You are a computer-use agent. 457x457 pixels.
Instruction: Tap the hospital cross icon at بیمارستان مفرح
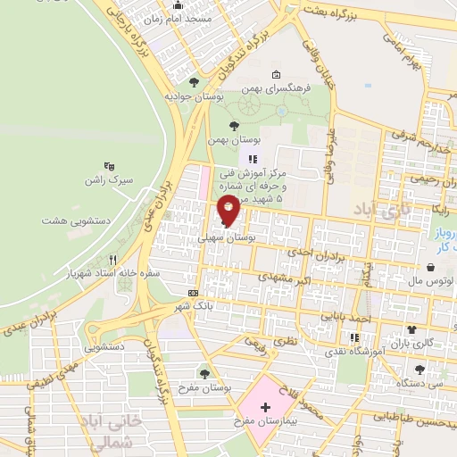(x=264, y=408)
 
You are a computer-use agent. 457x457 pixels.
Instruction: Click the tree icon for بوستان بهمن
(x=235, y=126)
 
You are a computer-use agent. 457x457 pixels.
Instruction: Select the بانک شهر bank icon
(x=194, y=293)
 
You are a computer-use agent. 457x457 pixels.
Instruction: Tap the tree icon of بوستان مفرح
(x=206, y=372)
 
